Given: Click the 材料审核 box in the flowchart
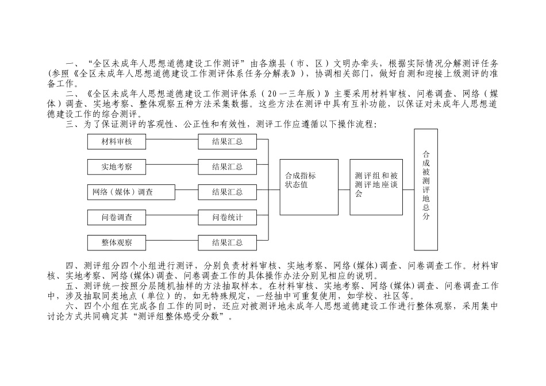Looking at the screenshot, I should (x=117, y=141).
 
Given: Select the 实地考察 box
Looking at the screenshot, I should (x=117, y=167).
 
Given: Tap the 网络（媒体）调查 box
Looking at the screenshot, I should (x=124, y=192).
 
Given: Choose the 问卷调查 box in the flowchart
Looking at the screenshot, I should (x=117, y=217).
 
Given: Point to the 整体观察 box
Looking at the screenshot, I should (x=117, y=242).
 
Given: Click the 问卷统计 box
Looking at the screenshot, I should (x=227, y=217).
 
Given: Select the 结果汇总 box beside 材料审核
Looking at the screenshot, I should (x=227, y=141).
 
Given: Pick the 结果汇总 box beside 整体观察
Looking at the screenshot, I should (x=227, y=242).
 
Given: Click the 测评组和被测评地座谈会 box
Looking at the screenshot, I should (x=376, y=187).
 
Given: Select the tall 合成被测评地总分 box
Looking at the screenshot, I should (x=426, y=190).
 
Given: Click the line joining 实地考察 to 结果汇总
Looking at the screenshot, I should (x=172, y=167).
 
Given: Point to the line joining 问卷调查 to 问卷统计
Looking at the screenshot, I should (x=172, y=217).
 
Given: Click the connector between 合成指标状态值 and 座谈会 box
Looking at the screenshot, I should (x=344, y=187).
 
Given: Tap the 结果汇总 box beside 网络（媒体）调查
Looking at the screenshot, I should (x=227, y=192).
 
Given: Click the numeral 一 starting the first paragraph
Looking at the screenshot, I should (x=70, y=64).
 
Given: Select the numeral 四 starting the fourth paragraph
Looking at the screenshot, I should (x=70, y=265).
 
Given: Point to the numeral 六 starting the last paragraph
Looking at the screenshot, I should (x=70, y=306).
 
